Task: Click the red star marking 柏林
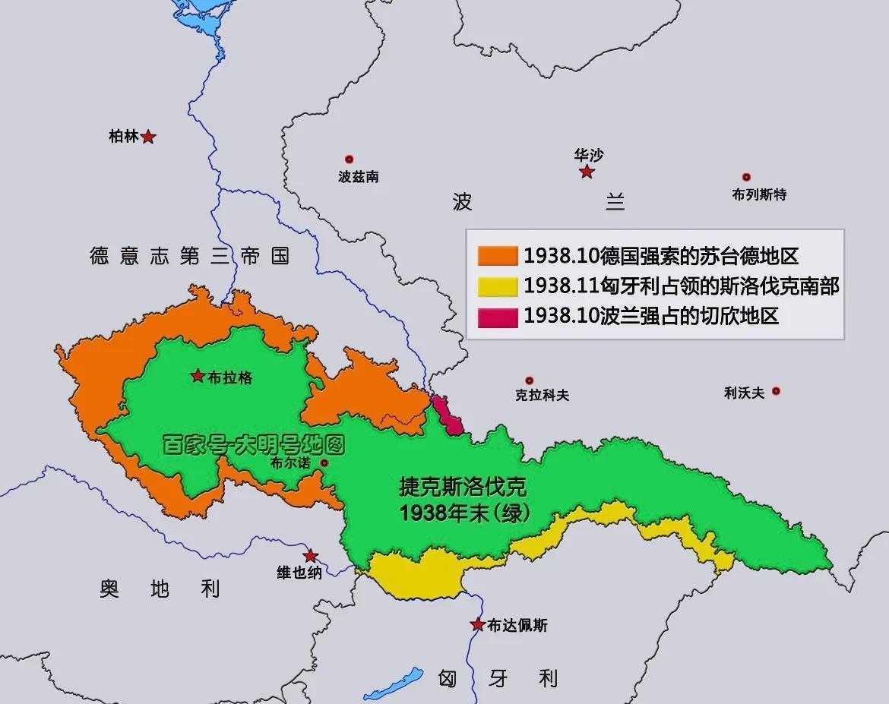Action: tap(149, 137)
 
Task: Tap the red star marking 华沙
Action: tap(587, 172)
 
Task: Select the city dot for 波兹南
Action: tap(350, 159)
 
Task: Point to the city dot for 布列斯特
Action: tap(746, 177)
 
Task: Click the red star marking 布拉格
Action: tap(198, 375)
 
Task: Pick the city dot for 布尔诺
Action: tap(324, 462)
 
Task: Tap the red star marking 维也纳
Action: tap(311, 556)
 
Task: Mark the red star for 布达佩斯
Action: tap(477, 624)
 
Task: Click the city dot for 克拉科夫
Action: tap(530, 380)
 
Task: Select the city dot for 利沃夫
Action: tap(776, 391)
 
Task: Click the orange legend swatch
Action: tap(497, 256)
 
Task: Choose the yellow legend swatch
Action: tap(497, 286)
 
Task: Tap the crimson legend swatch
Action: tap(497, 317)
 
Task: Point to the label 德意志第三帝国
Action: tap(189, 256)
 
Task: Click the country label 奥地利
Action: tap(159, 588)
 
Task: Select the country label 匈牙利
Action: tap(498, 677)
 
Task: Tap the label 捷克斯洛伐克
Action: tap(463, 487)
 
